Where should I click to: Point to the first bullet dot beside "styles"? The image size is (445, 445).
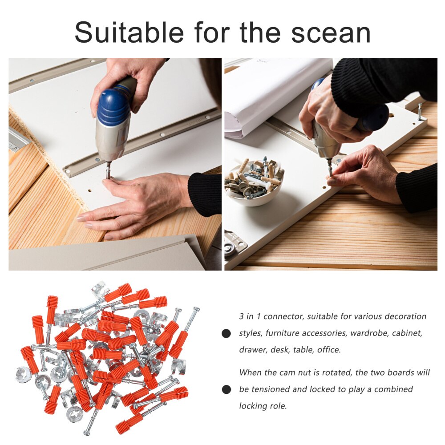tap(227, 333)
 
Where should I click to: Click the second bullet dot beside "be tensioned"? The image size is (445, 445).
tap(227, 389)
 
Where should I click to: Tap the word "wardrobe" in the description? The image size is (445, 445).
tap(369, 333)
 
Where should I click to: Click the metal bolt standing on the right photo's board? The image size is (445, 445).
tap(420, 112)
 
